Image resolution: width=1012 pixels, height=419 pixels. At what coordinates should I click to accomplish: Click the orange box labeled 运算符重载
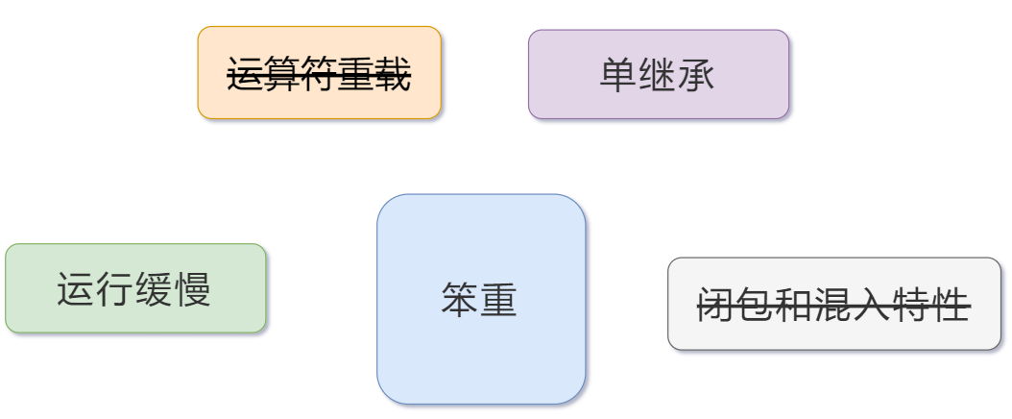tap(319, 72)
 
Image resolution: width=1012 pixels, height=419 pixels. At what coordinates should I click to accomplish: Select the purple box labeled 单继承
tap(658, 73)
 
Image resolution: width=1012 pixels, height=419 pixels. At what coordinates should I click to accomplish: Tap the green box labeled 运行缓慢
tap(134, 288)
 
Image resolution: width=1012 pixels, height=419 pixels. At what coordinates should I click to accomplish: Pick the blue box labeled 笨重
tap(480, 299)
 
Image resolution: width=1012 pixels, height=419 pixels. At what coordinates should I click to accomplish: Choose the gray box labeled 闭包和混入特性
tap(833, 304)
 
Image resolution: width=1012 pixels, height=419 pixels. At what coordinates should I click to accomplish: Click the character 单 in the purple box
tap(618, 74)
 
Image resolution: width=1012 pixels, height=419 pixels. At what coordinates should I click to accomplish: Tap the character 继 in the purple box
tap(658, 74)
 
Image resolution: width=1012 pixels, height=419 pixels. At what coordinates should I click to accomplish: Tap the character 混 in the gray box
tap(833, 305)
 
